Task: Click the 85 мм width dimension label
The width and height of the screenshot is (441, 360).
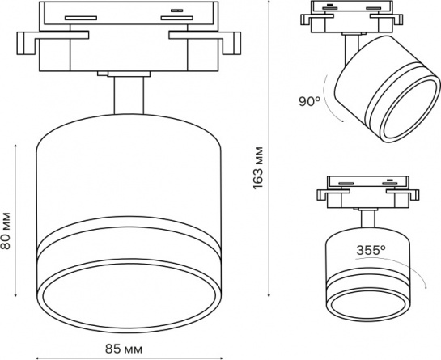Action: (x=124, y=349)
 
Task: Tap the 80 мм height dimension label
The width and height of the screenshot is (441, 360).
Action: (x=6, y=231)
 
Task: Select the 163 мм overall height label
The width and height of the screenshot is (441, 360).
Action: (x=257, y=168)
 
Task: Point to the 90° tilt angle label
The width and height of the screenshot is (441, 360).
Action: (x=309, y=101)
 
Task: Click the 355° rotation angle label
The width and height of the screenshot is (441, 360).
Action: (x=371, y=250)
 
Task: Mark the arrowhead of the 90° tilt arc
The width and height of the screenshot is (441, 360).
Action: (x=342, y=121)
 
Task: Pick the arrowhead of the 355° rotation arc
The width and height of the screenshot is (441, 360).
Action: (x=426, y=288)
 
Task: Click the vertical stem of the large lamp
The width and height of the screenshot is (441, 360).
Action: (x=129, y=95)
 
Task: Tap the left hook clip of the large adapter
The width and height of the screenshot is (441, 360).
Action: (x=26, y=43)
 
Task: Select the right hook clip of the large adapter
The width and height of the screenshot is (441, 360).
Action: (x=231, y=43)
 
